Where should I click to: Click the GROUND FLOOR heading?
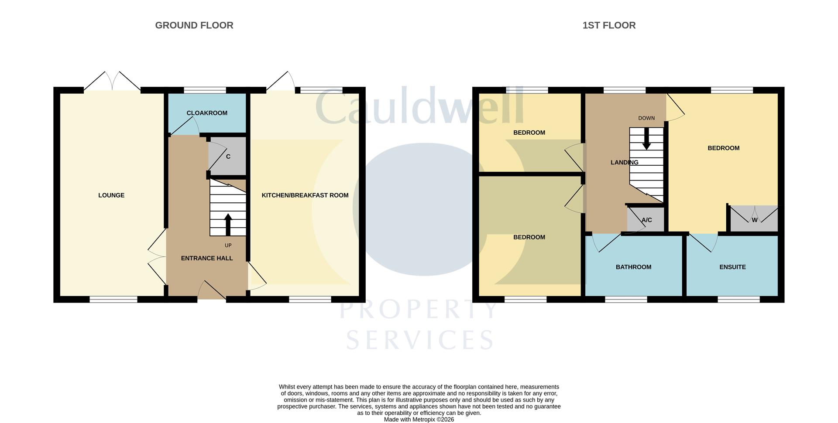(x=194, y=25)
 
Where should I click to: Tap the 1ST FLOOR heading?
(x=609, y=25)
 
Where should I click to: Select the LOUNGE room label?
(x=111, y=195)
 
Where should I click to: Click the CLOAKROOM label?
(x=207, y=113)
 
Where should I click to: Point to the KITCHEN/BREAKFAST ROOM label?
(x=305, y=195)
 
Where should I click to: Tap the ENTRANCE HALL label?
(x=207, y=258)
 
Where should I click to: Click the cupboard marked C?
(x=227, y=156)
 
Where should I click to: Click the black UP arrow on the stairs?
(x=228, y=225)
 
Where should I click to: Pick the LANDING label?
(x=624, y=162)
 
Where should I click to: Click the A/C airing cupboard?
(x=646, y=219)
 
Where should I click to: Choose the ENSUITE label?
(x=732, y=267)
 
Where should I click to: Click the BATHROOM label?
(x=633, y=267)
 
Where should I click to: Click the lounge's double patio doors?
(x=112, y=82)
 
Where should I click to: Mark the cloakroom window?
(x=205, y=90)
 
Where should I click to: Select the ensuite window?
(x=738, y=300)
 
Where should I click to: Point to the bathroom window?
(x=626, y=300)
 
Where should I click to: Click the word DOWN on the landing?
(x=646, y=118)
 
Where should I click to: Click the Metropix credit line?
(x=419, y=420)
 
